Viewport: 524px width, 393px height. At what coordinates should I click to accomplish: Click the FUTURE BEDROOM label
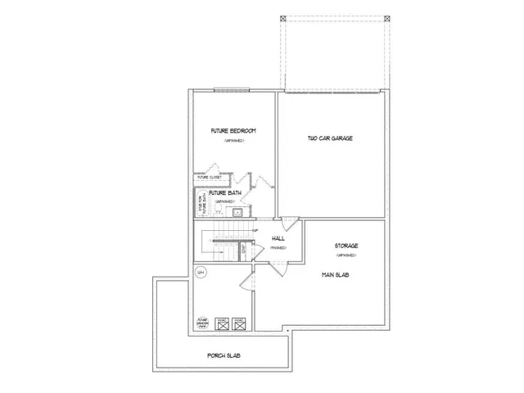pos(233,131)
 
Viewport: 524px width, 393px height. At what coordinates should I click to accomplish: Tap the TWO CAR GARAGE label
pos(330,138)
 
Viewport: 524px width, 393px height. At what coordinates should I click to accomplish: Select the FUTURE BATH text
pos(222,193)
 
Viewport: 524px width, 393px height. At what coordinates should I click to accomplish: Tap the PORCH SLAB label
pos(223,356)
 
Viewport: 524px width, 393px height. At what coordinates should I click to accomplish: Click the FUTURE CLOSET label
pos(210,177)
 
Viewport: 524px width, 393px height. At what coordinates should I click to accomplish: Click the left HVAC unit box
pos(221,323)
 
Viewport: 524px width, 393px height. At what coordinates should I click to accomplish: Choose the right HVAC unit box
pos(238,323)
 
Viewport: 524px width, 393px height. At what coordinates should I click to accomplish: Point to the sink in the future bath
pos(237,212)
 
